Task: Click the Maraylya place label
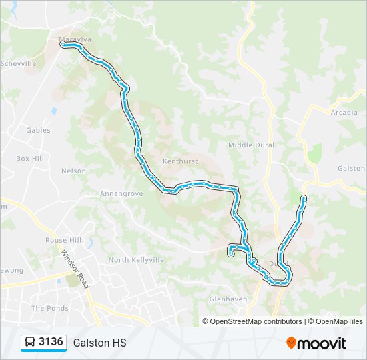coord(74,39)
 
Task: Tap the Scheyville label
coord(18,64)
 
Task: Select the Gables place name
coord(38,130)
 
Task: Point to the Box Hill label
coord(30,159)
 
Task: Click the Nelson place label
coord(73,171)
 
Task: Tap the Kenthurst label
coord(179,161)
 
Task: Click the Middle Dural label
coord(251,145)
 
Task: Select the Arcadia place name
coord(344,113)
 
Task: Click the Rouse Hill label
coord(63,240)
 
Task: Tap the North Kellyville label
coord(136,260)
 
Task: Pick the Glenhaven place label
coord(228,299)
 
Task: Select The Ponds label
coord(50,308)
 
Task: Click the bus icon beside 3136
coord(30,343)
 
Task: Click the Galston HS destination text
coord(99,343)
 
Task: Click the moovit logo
coord(316,343)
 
